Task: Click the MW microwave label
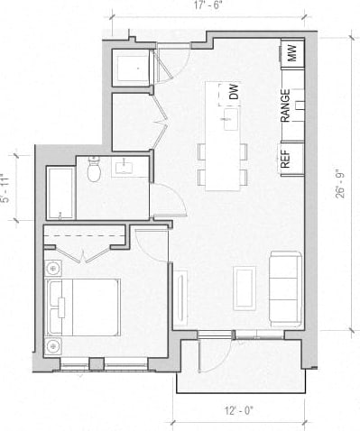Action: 291,54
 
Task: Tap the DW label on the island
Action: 233,92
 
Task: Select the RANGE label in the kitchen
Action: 285,105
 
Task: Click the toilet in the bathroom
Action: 95,172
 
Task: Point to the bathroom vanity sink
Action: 125,167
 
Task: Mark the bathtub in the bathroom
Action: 60,193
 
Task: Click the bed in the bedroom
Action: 84,307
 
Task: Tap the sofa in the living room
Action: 286,288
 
